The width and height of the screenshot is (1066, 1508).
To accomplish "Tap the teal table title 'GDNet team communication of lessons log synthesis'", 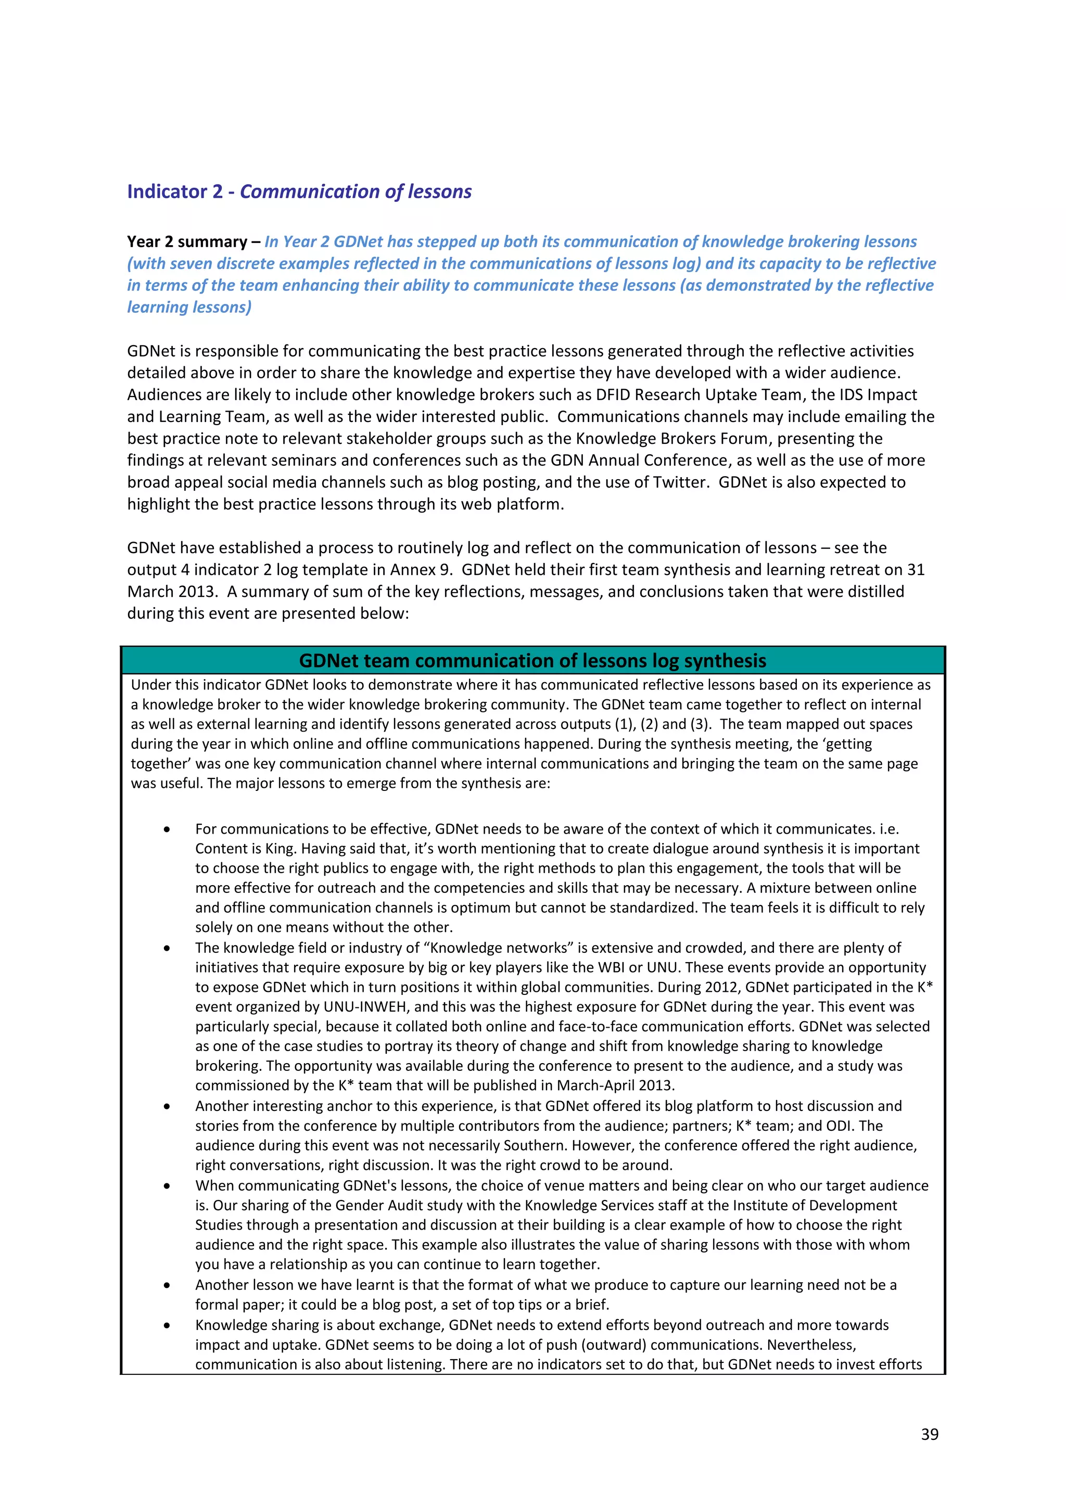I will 532,660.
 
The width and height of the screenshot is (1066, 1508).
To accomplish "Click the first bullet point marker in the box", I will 168,829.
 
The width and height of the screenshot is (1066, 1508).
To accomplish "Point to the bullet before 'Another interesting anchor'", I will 168,1106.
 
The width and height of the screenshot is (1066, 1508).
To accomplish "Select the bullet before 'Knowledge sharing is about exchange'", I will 168,1325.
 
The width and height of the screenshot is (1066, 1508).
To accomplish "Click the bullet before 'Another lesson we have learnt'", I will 168,1285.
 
